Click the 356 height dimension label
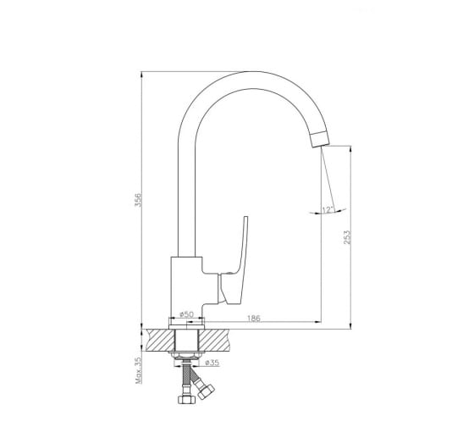click(x=138, y=200)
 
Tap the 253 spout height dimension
click(x=347, y=237)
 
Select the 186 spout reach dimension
click(x=254, y=319)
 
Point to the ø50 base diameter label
click(x=186, y=314)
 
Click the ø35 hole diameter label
click(x=212, y=363)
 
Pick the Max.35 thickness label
click(x=138, y=371)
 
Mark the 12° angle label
click(x=328, y=210)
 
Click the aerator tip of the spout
click(x=320, y=140)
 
